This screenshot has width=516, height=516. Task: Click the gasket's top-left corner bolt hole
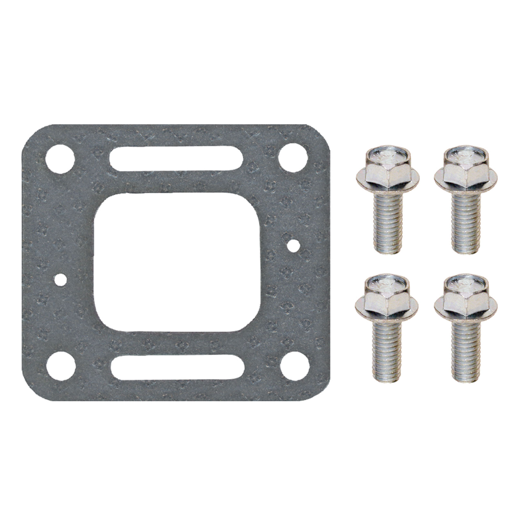coord(60,159)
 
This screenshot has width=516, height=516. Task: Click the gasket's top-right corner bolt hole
coord(293,159)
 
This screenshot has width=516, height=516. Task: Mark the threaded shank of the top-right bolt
coord(466,223)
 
